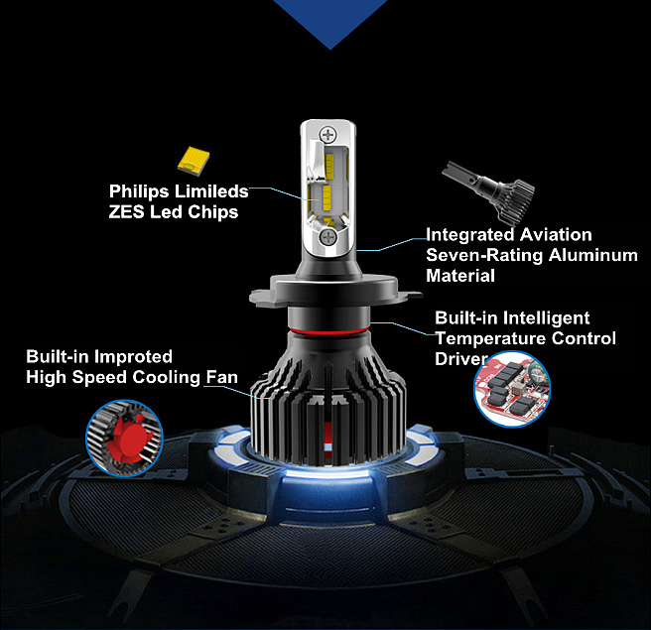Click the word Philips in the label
tap(139, 191)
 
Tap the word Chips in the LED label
tap(213, 212)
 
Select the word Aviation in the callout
tap(556, 234)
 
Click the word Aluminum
tap(592, 255)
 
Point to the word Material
tap(460, 276)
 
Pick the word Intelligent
tap(547, 317)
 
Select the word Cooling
tap(166, 378)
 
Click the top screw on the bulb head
tap(328, 135)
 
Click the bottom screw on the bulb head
tap(328, 237)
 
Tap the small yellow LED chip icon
tap(194, 159)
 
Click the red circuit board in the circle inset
tap(512, 389)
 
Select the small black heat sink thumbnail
tap(489, 191)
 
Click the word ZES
tap(126, 212)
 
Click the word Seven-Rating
tap(484, 255)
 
